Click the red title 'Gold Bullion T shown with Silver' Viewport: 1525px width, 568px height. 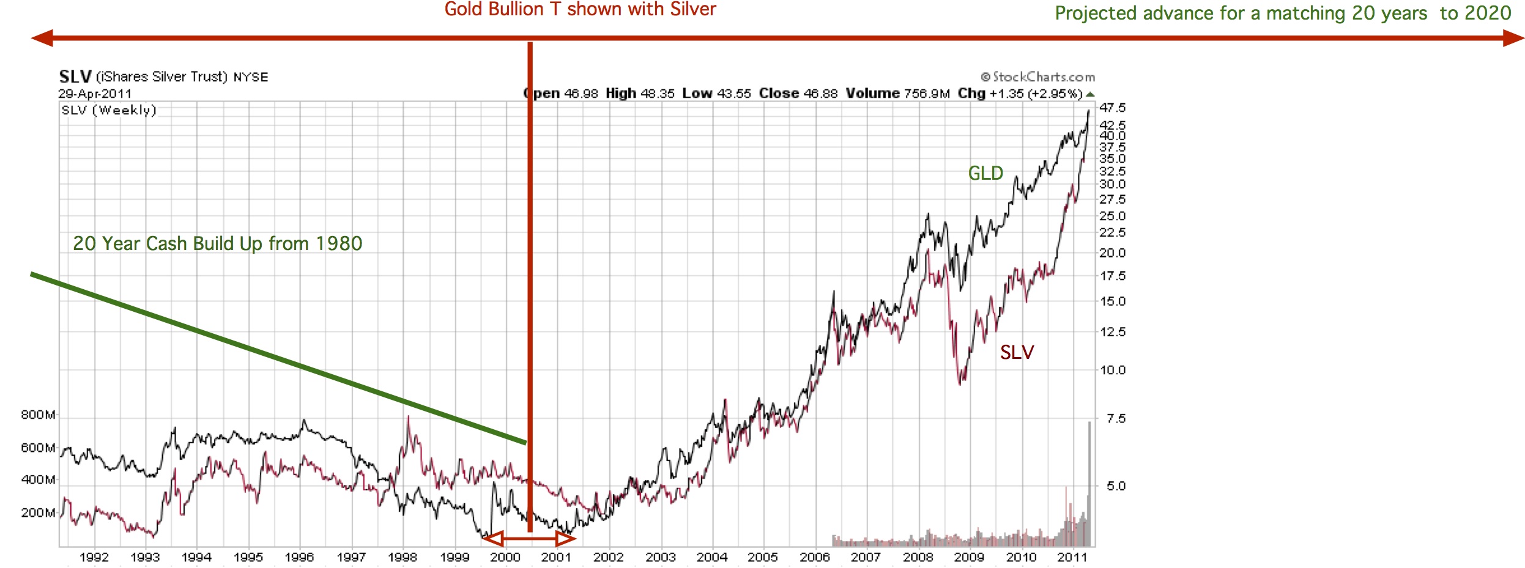pos(580,10)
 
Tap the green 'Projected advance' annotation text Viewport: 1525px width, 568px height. pos(1283,13)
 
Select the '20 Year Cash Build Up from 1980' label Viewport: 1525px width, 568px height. pos(217,244)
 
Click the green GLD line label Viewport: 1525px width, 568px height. pos(985,174)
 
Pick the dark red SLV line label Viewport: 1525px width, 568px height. pos(1017,352)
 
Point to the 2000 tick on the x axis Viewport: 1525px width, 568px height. pos(505,557)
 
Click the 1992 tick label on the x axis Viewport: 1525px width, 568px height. pos(94,557)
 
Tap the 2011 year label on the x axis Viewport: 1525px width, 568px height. pos(1072,557)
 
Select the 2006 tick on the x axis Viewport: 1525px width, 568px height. pos(815,557)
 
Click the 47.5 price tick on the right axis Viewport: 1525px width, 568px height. pos(1112,108)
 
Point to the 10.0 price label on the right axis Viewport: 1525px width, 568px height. pos(1112,370)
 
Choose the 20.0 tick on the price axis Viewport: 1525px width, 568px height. pos(1112,253)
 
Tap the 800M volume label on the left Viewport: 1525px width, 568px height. pos(38,415)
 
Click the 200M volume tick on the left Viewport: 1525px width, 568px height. pos(38,513)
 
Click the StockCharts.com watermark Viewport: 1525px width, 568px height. pos(1037,77)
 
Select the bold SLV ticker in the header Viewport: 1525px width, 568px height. pos(75,77)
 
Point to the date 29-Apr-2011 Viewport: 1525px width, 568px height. pos(95,94)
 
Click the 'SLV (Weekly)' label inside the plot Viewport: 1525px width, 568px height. pos(109,110)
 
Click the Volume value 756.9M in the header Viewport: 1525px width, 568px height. pos(927,94)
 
